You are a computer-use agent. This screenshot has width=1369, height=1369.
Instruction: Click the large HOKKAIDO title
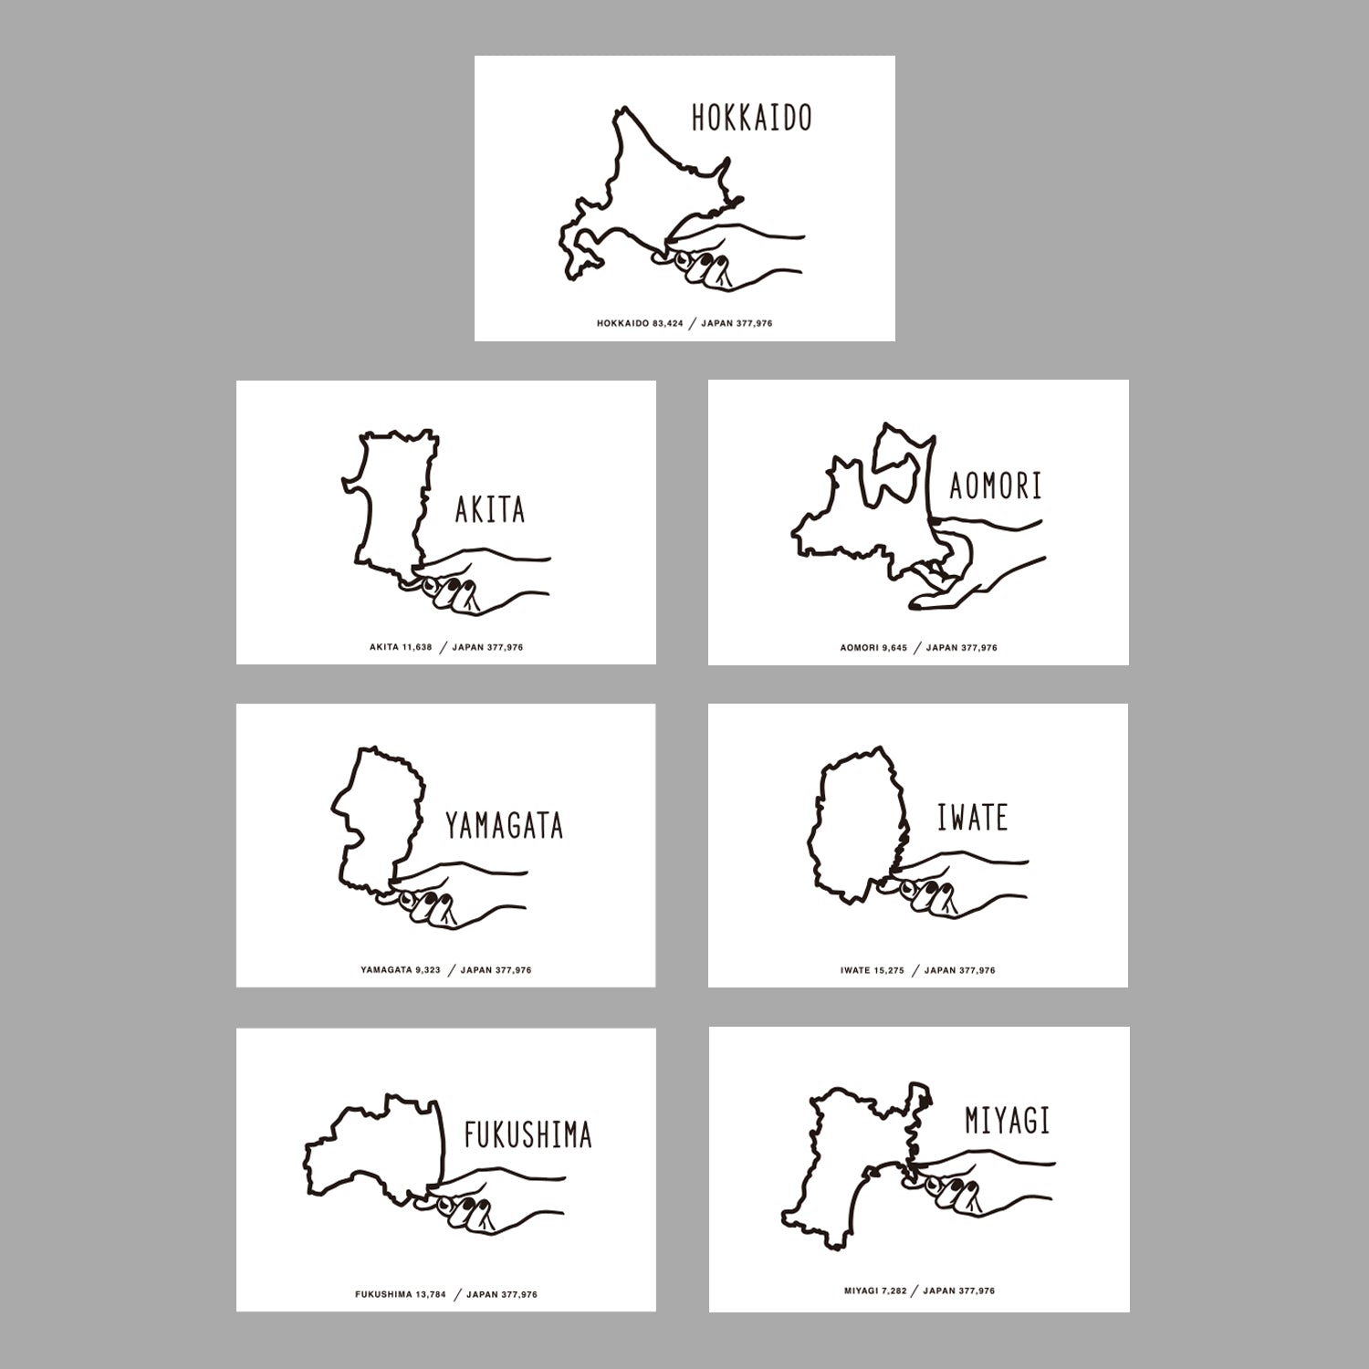click(751, 119)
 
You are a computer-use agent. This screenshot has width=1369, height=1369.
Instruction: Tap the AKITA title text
click(490, 509)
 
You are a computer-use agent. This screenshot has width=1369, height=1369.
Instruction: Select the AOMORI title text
click(995, 486)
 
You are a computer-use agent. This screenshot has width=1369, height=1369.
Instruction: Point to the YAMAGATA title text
click(504, 825)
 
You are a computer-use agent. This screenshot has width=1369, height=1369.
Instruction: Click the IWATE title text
click(972, 817)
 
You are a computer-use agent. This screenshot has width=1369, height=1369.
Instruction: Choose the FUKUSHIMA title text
click(528, 1135)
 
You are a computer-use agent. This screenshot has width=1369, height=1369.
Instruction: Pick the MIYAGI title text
click(1008, 1120)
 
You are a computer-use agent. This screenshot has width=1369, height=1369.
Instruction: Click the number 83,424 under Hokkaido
click(668, 324)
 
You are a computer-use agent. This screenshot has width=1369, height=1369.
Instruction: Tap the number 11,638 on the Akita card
click(417, 648)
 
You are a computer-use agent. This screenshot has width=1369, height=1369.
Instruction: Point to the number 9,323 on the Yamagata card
click(427, 970)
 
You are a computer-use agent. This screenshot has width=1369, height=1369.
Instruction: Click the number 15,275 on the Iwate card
click(890, 970)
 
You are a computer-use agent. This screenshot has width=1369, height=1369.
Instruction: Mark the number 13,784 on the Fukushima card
click(431, 1294)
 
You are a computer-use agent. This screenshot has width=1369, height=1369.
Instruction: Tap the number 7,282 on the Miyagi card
click(894, 1291)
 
